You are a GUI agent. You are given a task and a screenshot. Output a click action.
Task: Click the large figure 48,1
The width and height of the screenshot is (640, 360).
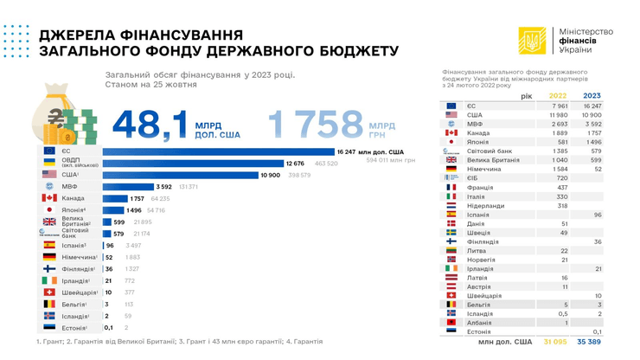(x=150, y=124)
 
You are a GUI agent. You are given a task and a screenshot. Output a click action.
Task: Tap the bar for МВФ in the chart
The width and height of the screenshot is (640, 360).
(x=127, y=186)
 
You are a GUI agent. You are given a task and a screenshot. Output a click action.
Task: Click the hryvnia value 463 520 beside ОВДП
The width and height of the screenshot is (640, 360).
(x=326, y=163)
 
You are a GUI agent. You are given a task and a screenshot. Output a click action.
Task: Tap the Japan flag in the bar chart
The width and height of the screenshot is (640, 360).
(x=49, y=210)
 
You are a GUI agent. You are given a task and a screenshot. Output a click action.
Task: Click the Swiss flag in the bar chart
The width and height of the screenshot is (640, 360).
(x=49, y=292)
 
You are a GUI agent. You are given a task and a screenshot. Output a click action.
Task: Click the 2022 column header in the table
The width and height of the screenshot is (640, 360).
(x=557, y=95)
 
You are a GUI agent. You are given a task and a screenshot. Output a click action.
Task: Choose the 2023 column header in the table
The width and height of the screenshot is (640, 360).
(x=592, y=95)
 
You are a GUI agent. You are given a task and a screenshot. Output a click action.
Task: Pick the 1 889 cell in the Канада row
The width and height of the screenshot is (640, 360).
(x=558, y=132)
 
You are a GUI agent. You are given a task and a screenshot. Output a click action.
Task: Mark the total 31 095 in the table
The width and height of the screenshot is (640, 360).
(x=555, y=342)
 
